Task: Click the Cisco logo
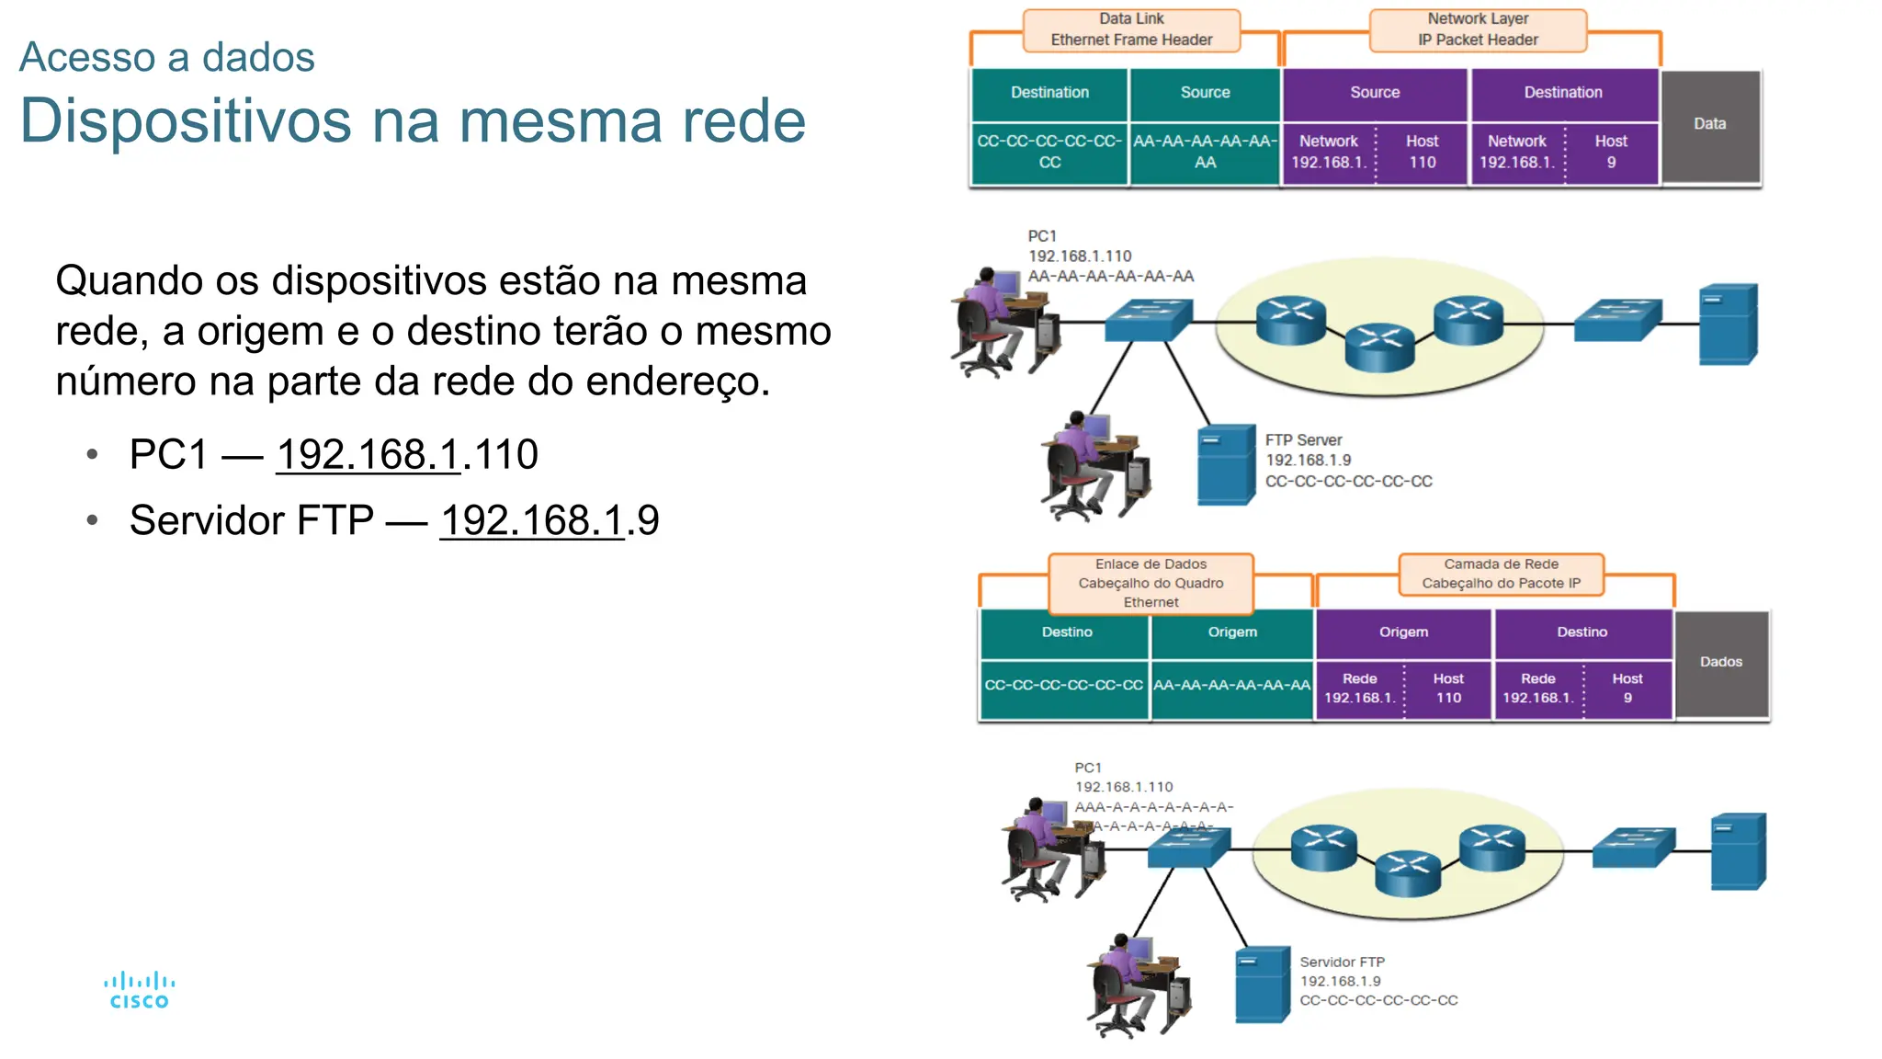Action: [139, 991]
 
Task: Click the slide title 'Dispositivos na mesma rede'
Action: [413, 120]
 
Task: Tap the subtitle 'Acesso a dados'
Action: [167, 57]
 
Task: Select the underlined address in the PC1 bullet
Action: [368, 454]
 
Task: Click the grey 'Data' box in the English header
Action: [1710, 124]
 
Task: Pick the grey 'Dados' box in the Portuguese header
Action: [1721, 662]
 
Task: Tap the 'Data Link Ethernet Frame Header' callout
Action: [1131, 29]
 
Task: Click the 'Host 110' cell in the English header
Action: [1422, 152]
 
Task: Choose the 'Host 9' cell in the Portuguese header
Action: [1627, 688]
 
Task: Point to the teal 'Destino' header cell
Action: [1066, 632]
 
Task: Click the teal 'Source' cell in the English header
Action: [1205, 93]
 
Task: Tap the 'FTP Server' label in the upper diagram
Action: [1303, 440]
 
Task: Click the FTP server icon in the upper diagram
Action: [1226, 464]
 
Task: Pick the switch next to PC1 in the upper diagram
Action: [1149, 320]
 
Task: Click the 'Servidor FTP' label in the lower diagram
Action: [1342, 962]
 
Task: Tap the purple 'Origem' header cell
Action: [1403, 632]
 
